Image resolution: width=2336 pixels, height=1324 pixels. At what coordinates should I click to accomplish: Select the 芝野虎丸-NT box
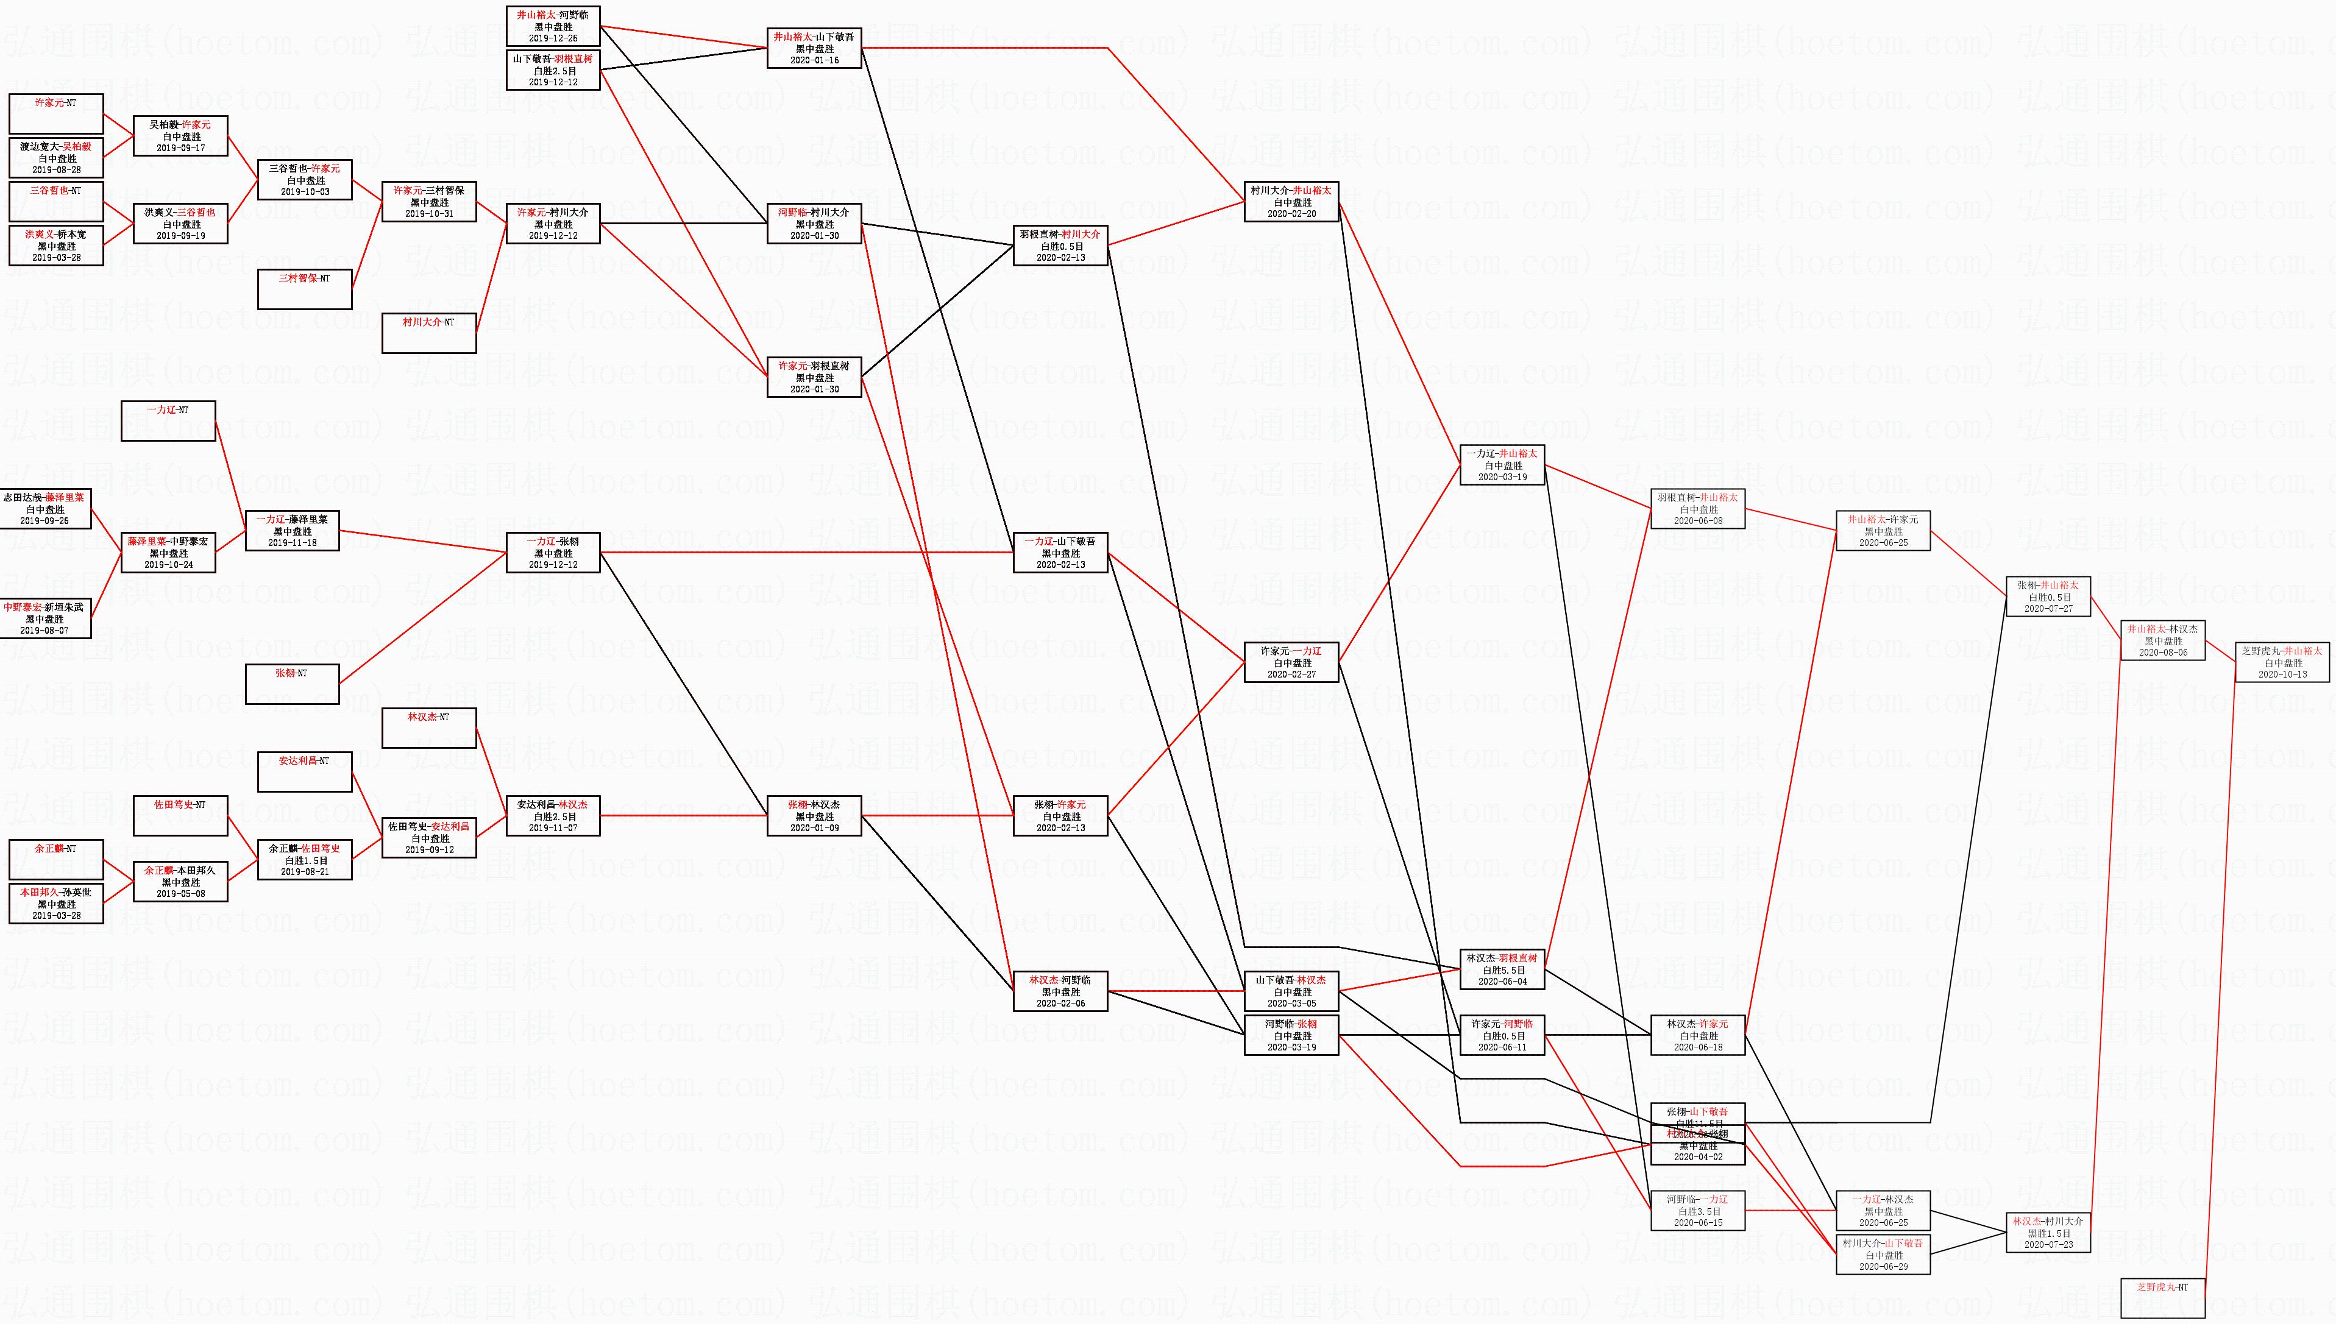2162,1298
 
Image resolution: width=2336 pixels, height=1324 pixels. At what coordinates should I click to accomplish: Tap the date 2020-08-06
2162,652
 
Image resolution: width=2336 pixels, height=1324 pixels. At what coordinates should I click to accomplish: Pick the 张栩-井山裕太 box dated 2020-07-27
2048,597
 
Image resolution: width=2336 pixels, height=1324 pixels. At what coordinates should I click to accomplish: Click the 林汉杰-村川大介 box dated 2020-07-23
2048,1232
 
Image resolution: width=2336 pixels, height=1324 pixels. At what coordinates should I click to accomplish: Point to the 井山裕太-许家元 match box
1882,531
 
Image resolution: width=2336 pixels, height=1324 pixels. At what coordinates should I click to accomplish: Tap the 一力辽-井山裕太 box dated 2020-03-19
1502,465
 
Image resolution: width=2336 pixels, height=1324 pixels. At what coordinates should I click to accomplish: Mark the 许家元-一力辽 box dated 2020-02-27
1291,662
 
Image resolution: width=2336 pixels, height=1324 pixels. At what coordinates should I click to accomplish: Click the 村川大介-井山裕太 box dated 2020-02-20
1291,202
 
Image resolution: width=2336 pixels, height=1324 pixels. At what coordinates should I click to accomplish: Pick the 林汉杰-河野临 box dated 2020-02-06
1060,991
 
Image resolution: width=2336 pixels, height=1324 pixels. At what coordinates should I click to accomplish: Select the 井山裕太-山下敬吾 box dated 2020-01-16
814,48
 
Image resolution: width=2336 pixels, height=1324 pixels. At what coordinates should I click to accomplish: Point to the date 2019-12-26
553,38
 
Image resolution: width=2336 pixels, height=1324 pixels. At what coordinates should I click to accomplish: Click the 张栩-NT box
292,684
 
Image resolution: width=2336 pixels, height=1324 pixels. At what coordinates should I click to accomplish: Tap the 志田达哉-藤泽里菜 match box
44,509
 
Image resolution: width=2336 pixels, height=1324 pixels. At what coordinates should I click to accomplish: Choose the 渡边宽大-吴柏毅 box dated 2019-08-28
57,158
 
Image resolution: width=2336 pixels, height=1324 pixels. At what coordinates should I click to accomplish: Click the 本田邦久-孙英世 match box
57,904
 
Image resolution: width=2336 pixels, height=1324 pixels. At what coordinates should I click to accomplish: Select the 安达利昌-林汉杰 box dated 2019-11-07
553,816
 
